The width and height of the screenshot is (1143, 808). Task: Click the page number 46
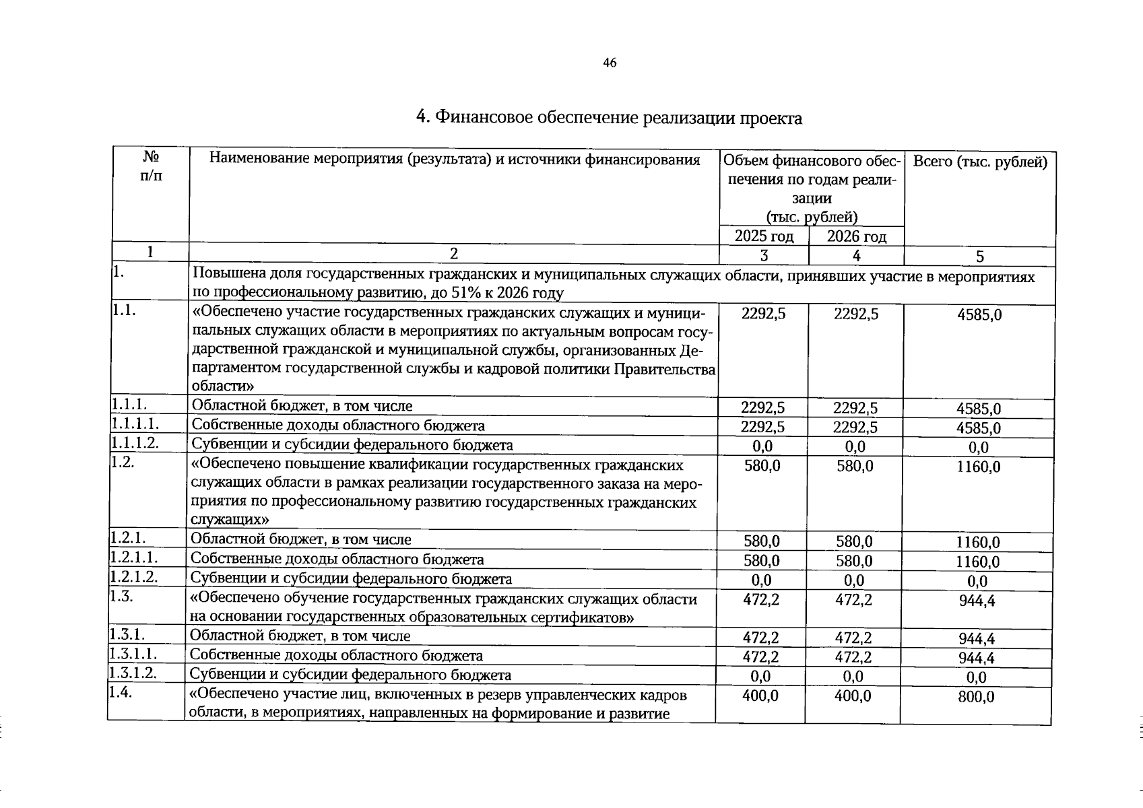click(610, 63)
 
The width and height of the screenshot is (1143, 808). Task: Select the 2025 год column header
click(764, 236)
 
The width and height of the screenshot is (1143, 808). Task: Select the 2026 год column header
click(856, 236)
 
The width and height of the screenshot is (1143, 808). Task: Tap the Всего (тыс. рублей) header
click(980, 162)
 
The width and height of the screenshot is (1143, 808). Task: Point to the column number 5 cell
click(980, 257)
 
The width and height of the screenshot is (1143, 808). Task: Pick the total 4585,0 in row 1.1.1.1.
click(979, 428)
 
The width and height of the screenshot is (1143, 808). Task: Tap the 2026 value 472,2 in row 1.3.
click(853, 599)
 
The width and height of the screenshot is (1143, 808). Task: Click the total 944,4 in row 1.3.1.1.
click(977, 658)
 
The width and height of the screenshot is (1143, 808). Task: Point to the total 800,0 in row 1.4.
click(976, 697)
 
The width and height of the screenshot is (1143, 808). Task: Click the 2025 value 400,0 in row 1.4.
click(760, 696)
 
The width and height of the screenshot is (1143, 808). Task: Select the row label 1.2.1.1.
click(135, 557)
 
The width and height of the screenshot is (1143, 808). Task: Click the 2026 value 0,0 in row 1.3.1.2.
click(853, 676)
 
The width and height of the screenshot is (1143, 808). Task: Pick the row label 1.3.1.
click(128, 634)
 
